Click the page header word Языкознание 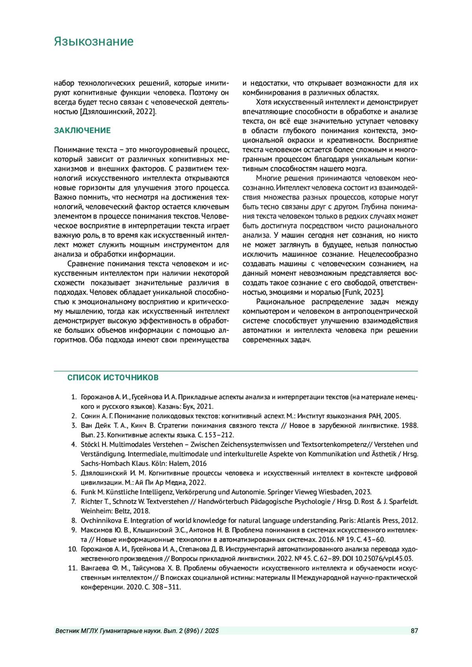click(x=94, y=42)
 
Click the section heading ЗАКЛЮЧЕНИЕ click(x=82, y=130)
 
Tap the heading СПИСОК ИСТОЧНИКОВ click(x=113, y=378)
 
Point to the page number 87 click(x=414, y=631)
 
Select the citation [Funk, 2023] click(x=363, y=292)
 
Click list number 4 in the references click(x=74, y=445)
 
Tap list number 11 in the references click(x=72, y=568)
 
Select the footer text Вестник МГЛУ click(x=77, y=631)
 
